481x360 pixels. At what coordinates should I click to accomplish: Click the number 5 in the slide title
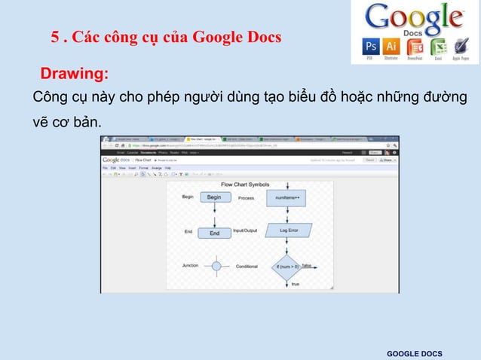coord(55,37)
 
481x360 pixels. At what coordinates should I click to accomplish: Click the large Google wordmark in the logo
coord(414,17)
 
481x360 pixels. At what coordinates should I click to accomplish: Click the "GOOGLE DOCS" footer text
coord(415,354)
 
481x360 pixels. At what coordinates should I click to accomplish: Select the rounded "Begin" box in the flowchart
coord(214,197)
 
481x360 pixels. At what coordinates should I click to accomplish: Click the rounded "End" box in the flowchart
coord(214,233)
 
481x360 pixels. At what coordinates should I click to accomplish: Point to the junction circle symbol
coord(217,266)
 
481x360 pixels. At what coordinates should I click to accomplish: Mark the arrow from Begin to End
coord(214,215)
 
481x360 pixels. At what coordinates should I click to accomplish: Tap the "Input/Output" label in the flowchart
coord(245,230)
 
